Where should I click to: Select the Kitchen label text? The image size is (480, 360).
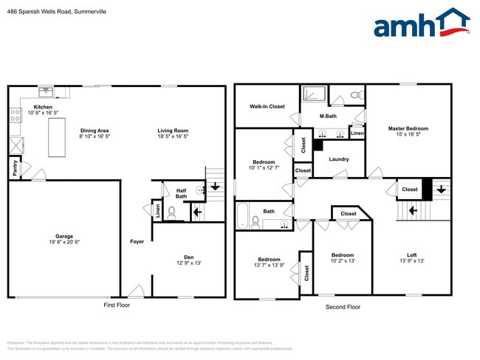click(x=43, y=107)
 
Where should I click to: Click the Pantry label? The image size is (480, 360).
click(x=15, y=168)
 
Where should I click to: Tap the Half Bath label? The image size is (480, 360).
click(x=181, y=193)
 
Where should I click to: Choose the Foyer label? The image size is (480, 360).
click(x=137, y=241)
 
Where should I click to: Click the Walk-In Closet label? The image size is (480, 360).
click(x=267, y=107)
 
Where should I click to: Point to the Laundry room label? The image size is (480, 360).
click(x=339, y=159)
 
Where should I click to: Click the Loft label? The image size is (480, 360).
click(x=411, y=256)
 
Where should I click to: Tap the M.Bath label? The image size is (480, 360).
click(x=329, y=117)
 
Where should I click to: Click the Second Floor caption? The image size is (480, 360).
click(x=343, y=306)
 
